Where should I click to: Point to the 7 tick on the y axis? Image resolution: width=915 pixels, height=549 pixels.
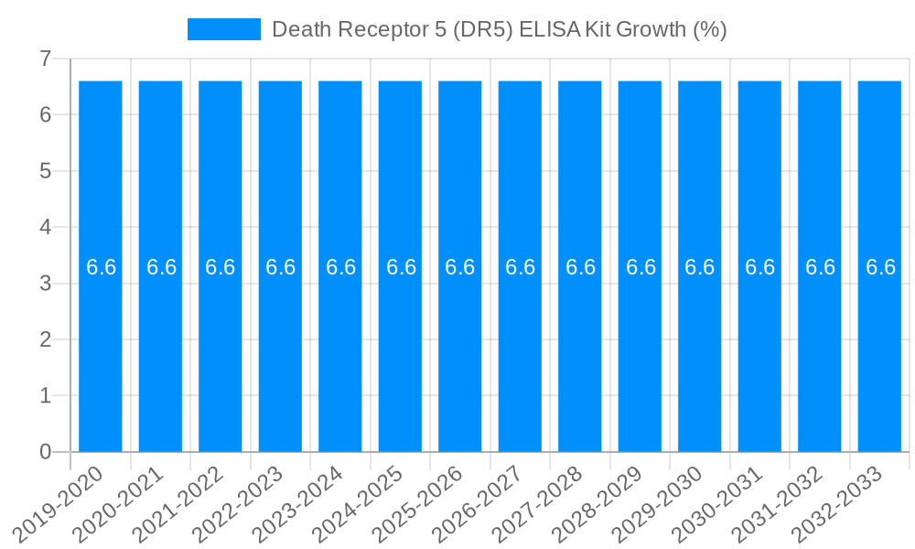[x=46, y=59]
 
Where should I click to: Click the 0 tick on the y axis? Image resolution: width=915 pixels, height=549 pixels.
[x=46, y=452]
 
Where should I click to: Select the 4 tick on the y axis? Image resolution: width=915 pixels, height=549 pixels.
[x=46, y=227]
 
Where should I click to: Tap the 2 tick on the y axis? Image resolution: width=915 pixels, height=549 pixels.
[x=46, y=339]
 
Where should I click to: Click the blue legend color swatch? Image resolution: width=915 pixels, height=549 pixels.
[x=224, y=29]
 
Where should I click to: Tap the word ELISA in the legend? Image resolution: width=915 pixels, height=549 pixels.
[x=547, y=29]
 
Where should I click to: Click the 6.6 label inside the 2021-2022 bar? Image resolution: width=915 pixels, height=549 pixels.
[x=221, y=267]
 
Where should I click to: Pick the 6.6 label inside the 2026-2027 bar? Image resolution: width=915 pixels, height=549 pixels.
[x=520, y=267]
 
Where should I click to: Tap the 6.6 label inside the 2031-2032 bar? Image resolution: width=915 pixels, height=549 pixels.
[x=820, y=267]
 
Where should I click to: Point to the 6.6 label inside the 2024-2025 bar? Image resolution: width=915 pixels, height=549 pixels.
[x=401, y=267]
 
